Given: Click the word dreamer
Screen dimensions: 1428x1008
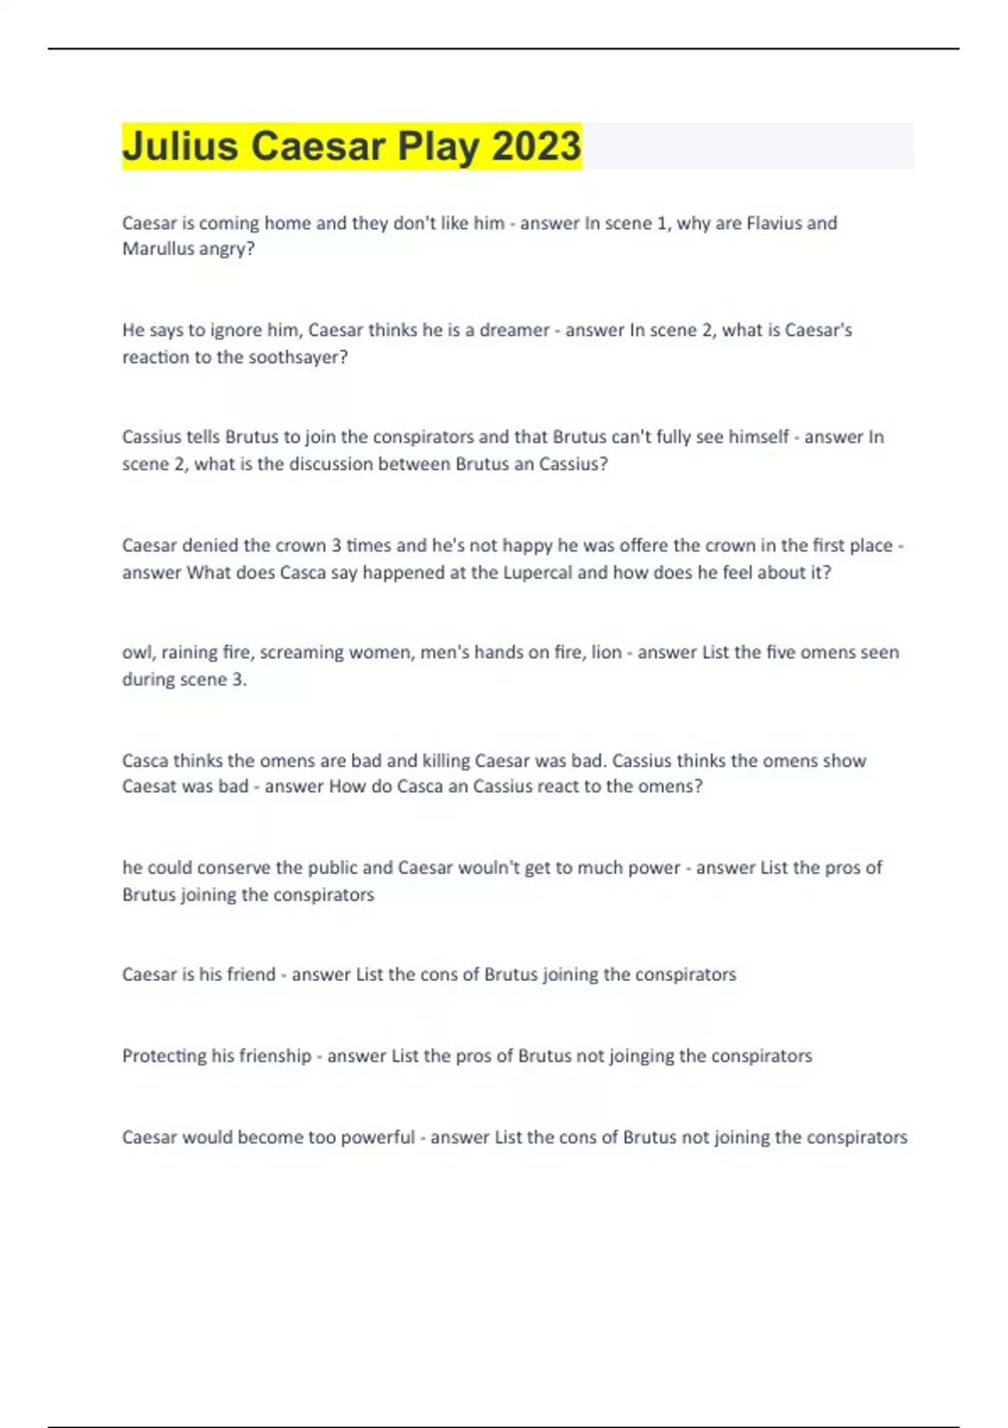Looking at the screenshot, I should (x=514, y=330).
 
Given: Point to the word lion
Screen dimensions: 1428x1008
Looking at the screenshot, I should (x=606, y=652).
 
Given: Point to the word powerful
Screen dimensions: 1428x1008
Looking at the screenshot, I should (x=377, y=1137).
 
